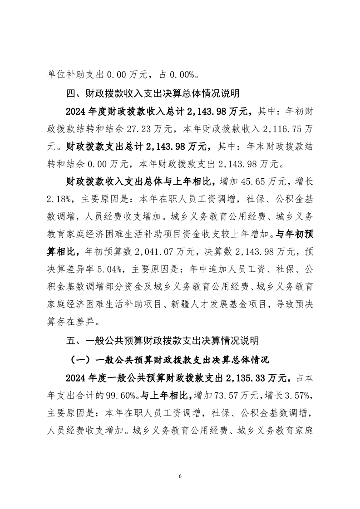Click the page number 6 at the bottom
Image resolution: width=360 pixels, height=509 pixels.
click(180, 476)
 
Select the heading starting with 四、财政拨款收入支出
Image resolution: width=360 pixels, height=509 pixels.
click(153, 94)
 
